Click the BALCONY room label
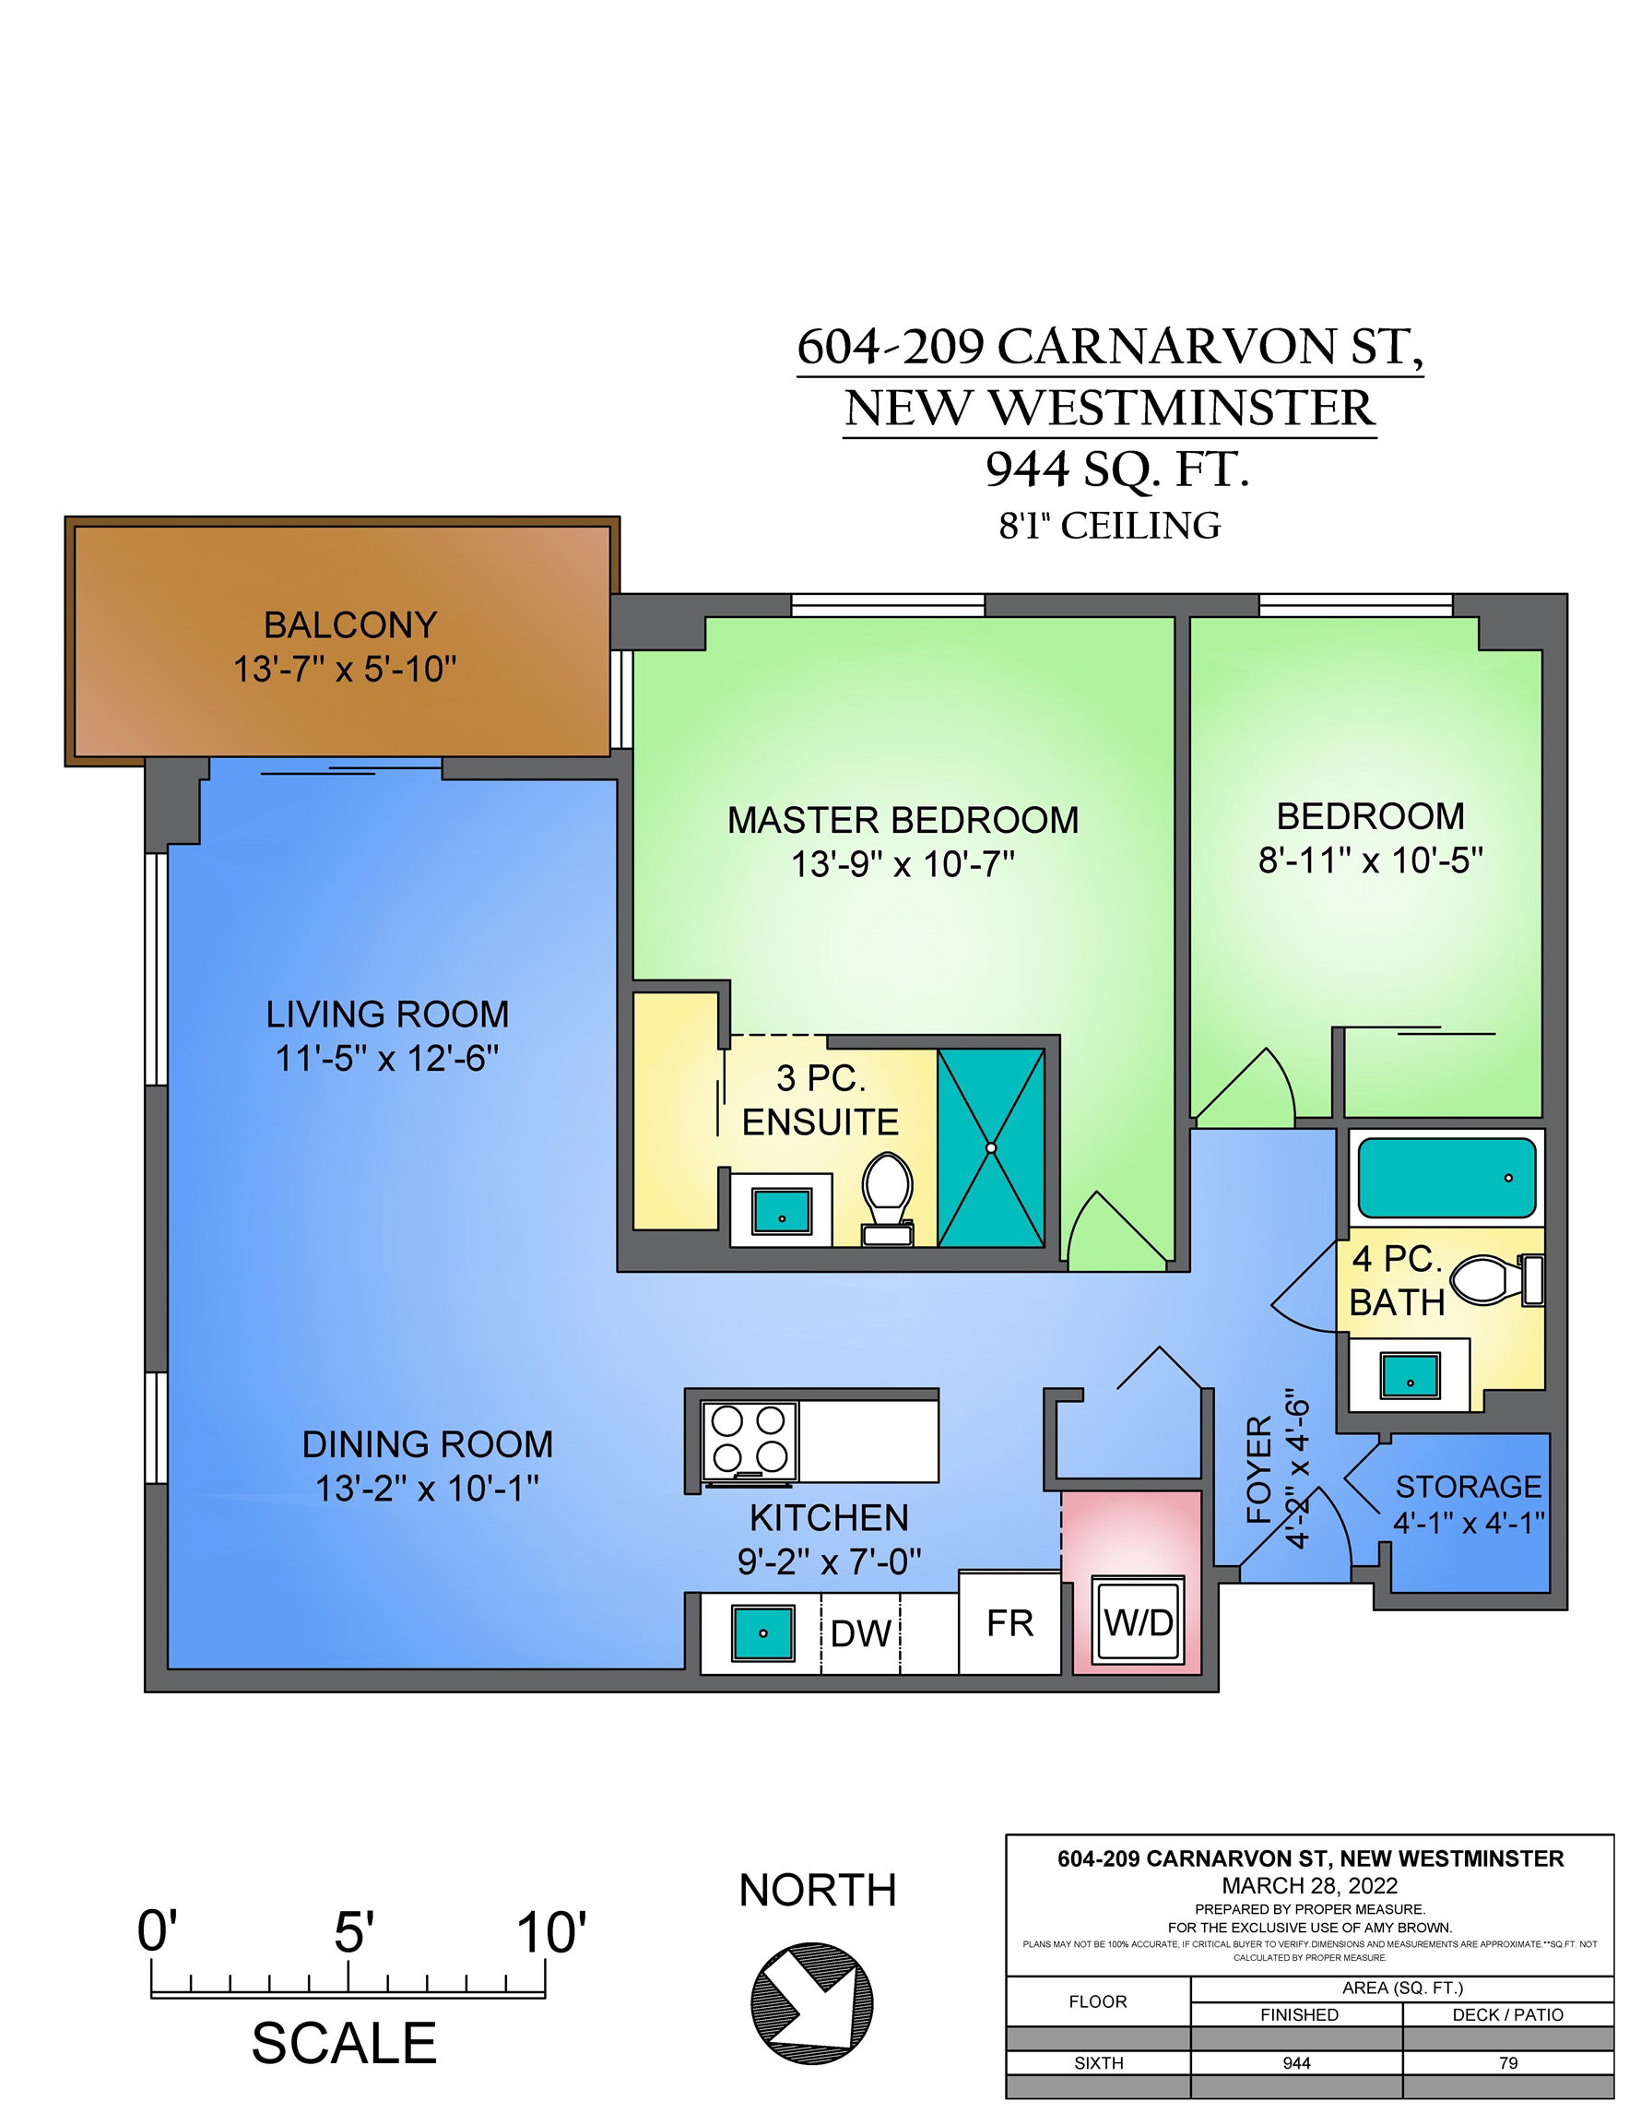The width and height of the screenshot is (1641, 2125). pos(350,624)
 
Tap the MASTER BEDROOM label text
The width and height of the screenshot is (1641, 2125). pos(903,820)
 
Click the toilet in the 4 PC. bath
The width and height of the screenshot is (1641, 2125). pos(1497,1279)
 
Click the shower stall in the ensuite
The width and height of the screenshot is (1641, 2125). pos(991,1147)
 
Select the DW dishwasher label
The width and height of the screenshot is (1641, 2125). pos(861,1633)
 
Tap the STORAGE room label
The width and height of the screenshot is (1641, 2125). pos(1469,1486)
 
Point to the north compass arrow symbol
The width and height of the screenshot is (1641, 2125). pos(812,2003)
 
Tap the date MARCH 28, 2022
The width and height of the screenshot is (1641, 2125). pos(1309,1884)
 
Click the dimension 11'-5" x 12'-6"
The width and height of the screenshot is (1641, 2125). pos(387,1059)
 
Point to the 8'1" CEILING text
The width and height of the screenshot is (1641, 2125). pos(1110,527)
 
